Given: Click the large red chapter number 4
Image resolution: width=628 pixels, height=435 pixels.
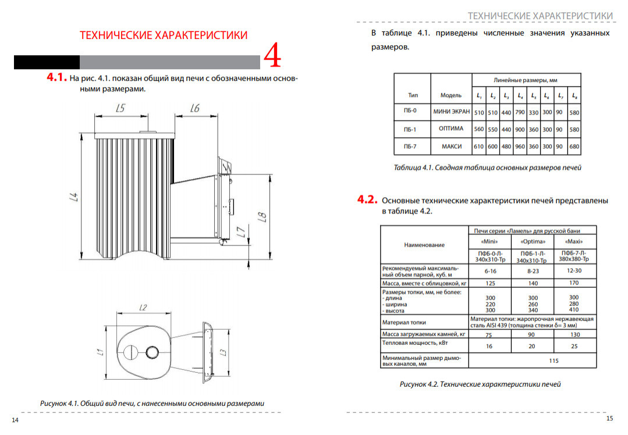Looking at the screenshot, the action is (272, 56).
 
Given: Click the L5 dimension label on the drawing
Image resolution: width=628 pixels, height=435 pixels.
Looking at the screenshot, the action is (120, 108).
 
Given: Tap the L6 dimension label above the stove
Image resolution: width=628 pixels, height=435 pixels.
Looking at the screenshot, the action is (194, 108).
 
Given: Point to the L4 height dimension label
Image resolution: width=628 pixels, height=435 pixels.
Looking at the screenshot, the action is (74, 197).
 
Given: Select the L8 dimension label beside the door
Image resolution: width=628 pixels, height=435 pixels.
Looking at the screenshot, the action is (262, 217).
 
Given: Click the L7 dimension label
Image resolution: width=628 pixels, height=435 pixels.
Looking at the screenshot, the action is (241, 231).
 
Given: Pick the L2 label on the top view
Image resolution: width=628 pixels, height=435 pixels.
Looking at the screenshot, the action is (143, 307).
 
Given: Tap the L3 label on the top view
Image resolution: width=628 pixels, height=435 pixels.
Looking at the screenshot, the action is (223, 352).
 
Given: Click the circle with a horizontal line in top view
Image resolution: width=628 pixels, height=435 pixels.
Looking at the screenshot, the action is (130, 352).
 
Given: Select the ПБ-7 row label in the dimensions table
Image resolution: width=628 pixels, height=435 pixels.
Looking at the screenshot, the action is (410, 147).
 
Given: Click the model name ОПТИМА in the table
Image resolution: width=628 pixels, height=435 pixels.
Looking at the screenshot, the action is (451, 129).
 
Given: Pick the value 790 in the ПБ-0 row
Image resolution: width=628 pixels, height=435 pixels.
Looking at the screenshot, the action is (520, 112).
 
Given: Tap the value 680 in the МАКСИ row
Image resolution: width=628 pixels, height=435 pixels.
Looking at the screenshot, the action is (574, 147).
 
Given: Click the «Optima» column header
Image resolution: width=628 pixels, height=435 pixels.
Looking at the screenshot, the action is (533, 241).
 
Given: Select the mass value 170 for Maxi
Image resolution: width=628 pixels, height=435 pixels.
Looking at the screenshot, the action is (574, 283).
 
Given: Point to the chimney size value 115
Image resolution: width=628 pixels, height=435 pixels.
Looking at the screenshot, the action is (554, 361).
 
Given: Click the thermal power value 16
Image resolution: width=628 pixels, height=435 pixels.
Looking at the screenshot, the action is (489, 346).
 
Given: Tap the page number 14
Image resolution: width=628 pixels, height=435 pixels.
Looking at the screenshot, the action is (15, 420).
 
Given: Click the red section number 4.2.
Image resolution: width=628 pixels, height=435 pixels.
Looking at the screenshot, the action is (367, 199).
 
